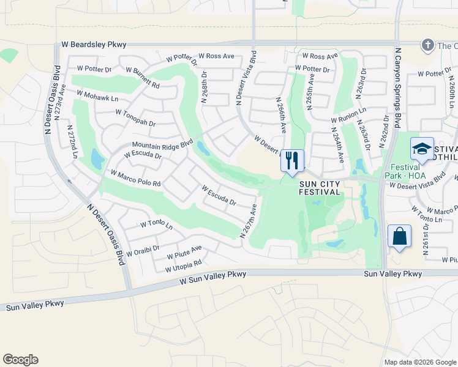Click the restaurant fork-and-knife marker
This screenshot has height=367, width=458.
(292, 161)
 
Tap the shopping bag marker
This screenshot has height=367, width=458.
(399, 236)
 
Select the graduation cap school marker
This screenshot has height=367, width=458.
(422, 149)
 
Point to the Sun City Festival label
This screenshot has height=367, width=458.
(320, 187)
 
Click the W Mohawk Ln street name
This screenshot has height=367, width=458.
(97, 95)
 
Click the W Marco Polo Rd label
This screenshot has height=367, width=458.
(135, 178)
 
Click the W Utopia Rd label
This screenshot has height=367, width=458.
(183, 267)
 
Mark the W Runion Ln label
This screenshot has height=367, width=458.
(348, 116)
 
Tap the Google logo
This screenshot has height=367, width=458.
(21, 360)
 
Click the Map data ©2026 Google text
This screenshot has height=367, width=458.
(419, 362)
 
